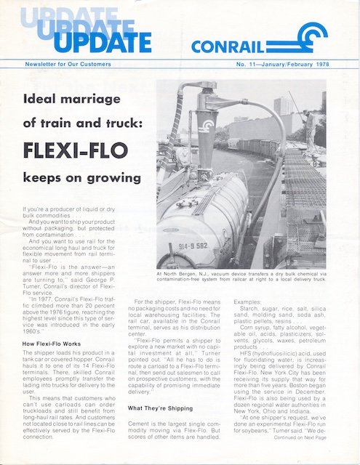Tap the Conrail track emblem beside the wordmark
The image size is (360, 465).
304,39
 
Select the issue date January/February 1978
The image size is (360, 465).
300,65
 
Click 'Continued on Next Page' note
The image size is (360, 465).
306,438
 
